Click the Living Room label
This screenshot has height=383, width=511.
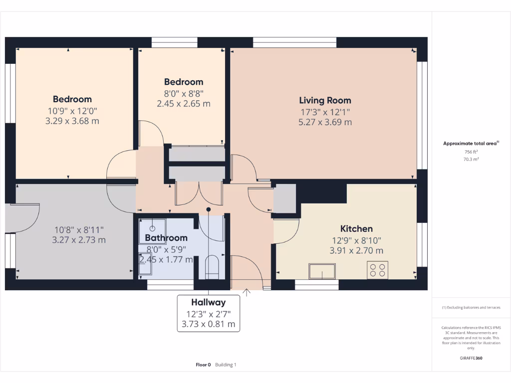[325, 100]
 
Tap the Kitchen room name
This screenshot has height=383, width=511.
[356, 228]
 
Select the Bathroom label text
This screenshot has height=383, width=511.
[166, 238]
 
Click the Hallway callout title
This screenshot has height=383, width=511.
[208, 302]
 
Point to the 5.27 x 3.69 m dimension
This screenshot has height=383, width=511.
[325, 122]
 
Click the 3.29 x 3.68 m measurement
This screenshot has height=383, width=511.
[72, 121]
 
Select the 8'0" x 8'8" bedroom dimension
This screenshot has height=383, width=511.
[184, 94]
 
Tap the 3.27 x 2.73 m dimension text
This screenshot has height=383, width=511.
[79, 240]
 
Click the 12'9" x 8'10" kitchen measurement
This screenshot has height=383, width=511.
[356, 241]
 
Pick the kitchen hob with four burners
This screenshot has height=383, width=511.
[377, 270]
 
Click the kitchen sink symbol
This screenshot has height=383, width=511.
[322, 271]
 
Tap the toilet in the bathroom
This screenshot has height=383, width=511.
[212, 267]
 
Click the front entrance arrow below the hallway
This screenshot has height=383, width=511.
[247, 292]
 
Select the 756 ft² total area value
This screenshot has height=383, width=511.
[471, 152]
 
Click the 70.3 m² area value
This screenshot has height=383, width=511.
[471, 159]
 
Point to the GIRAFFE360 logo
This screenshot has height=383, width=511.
[471, 358]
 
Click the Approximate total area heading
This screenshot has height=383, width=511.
[471, 143]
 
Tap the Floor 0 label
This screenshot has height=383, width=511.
[203, 365]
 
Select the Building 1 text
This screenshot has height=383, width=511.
[226, 365]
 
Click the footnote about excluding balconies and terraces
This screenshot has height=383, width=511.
[471, 307]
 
